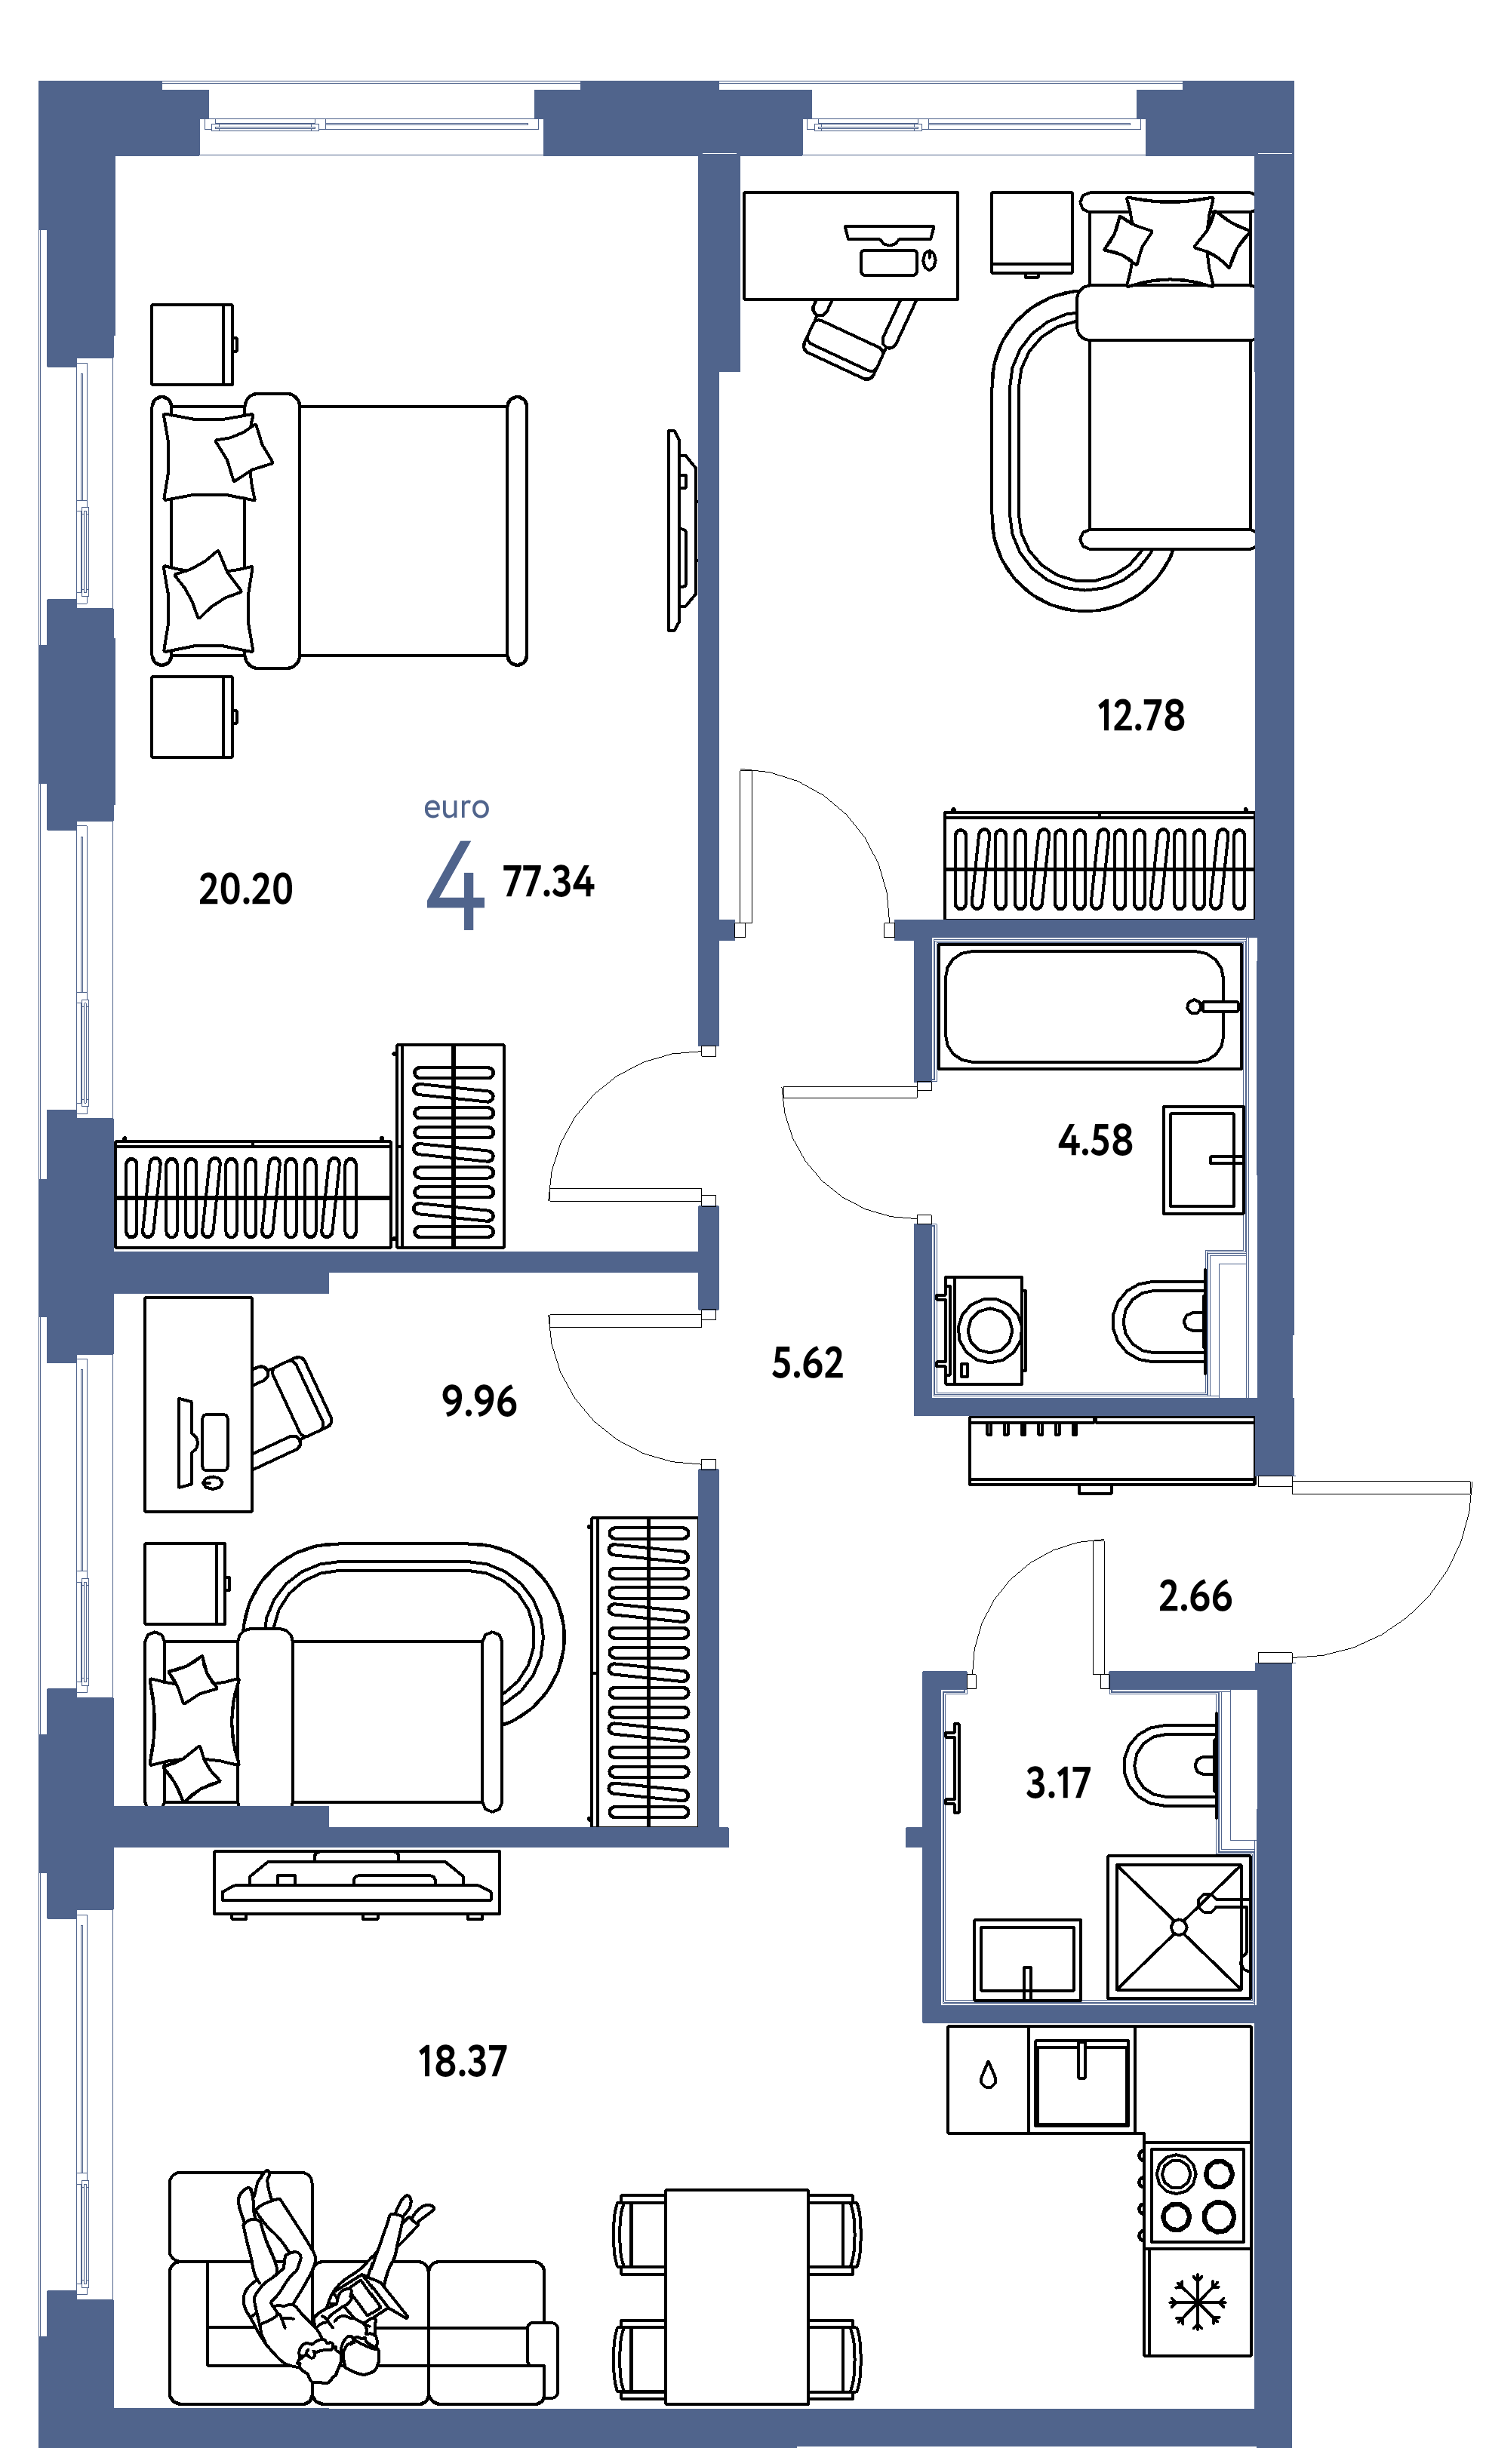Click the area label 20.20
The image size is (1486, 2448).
pyautogui.click(x=245, y=889)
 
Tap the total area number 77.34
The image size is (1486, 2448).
pyautogui.click(x=548, y=881)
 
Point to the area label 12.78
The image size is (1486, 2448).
pyautogui.click(x=1140, y=715)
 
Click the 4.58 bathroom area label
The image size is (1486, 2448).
pyautogui.click(x=1095, y=1141)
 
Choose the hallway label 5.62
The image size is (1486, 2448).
pyautogui.click(x=807, y=1363)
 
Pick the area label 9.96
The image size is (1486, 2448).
pyautogui.click(x=479, y=1402)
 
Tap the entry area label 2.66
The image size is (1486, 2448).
pyautogui.click(x=1195, y=1596)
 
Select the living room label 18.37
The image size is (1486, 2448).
pyautogui.click(x=462, y=2062)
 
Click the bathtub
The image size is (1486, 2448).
pyautogui.click(x=1089, y=1006)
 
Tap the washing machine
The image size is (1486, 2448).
pyautogui.click(x=981, y=1330)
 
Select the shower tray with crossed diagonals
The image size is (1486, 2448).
pyautogui.click(x=1179, y=1927)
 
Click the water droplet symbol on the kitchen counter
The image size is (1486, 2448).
pyautogui.click(x=988, y=2075)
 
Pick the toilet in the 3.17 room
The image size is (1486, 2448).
pyautogui.click(x=1173, y=1765)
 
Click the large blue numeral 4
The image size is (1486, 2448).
pyautogui.click(x=455, y=884)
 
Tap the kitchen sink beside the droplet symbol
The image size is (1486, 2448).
pyautogui.click(x=1081, y=2082)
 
